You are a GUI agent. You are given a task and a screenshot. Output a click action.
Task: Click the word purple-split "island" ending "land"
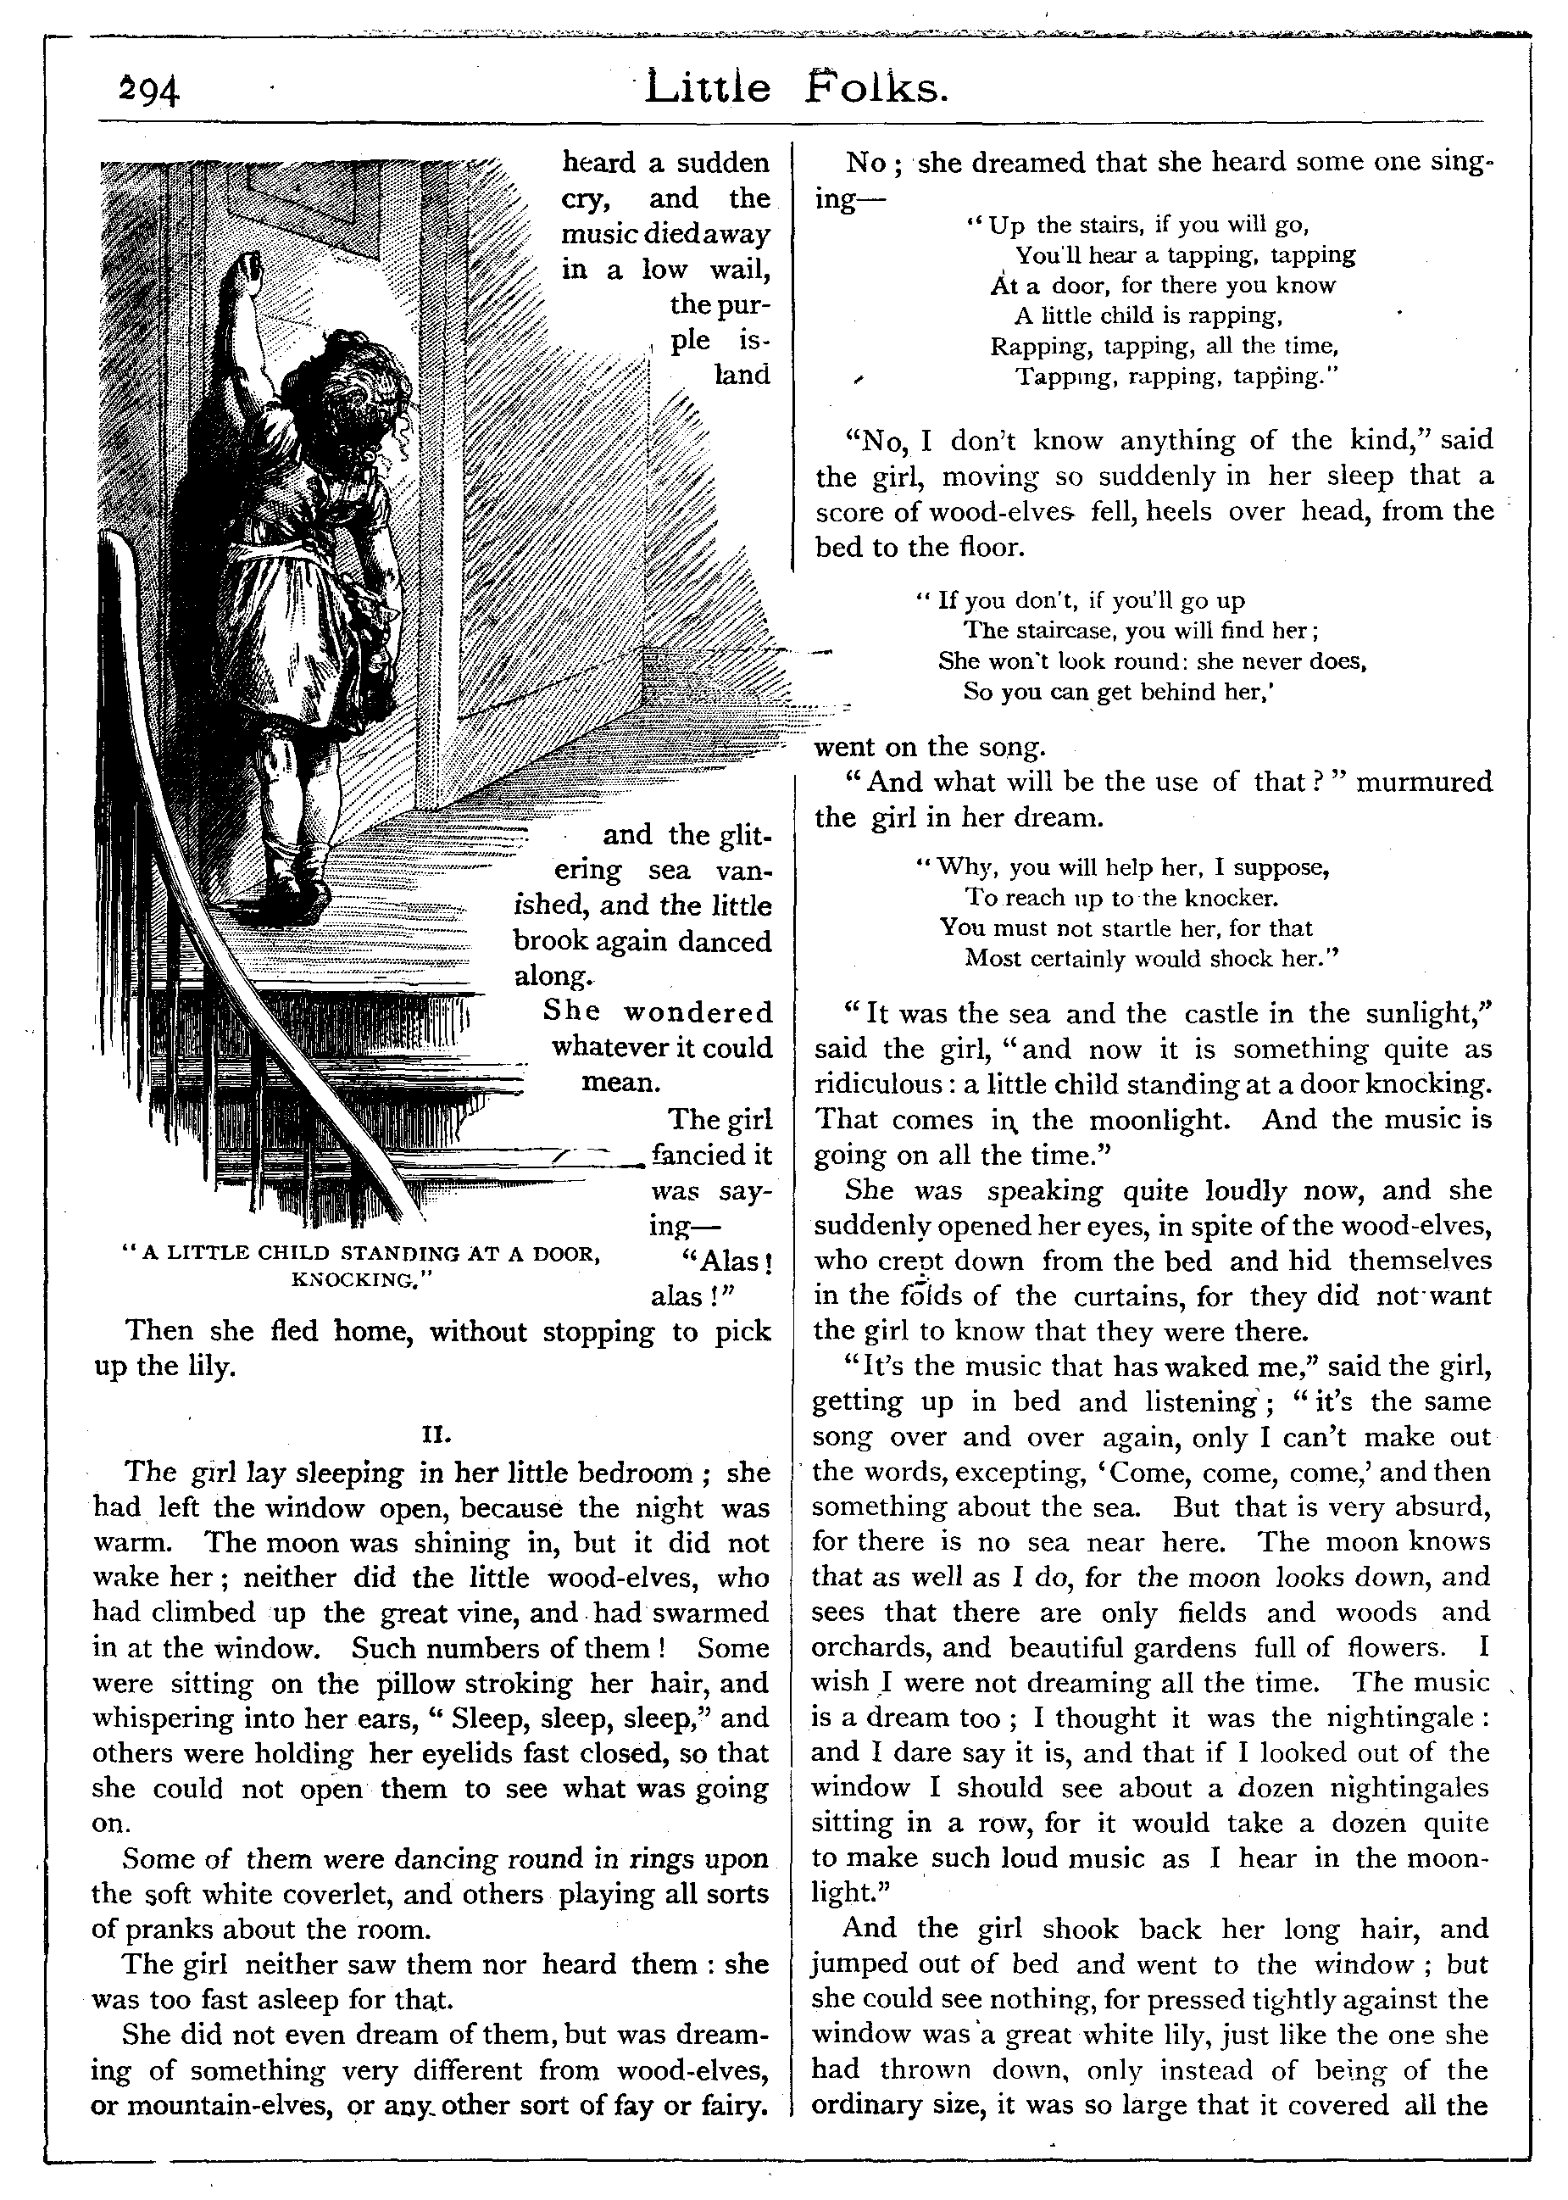[742, 375]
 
